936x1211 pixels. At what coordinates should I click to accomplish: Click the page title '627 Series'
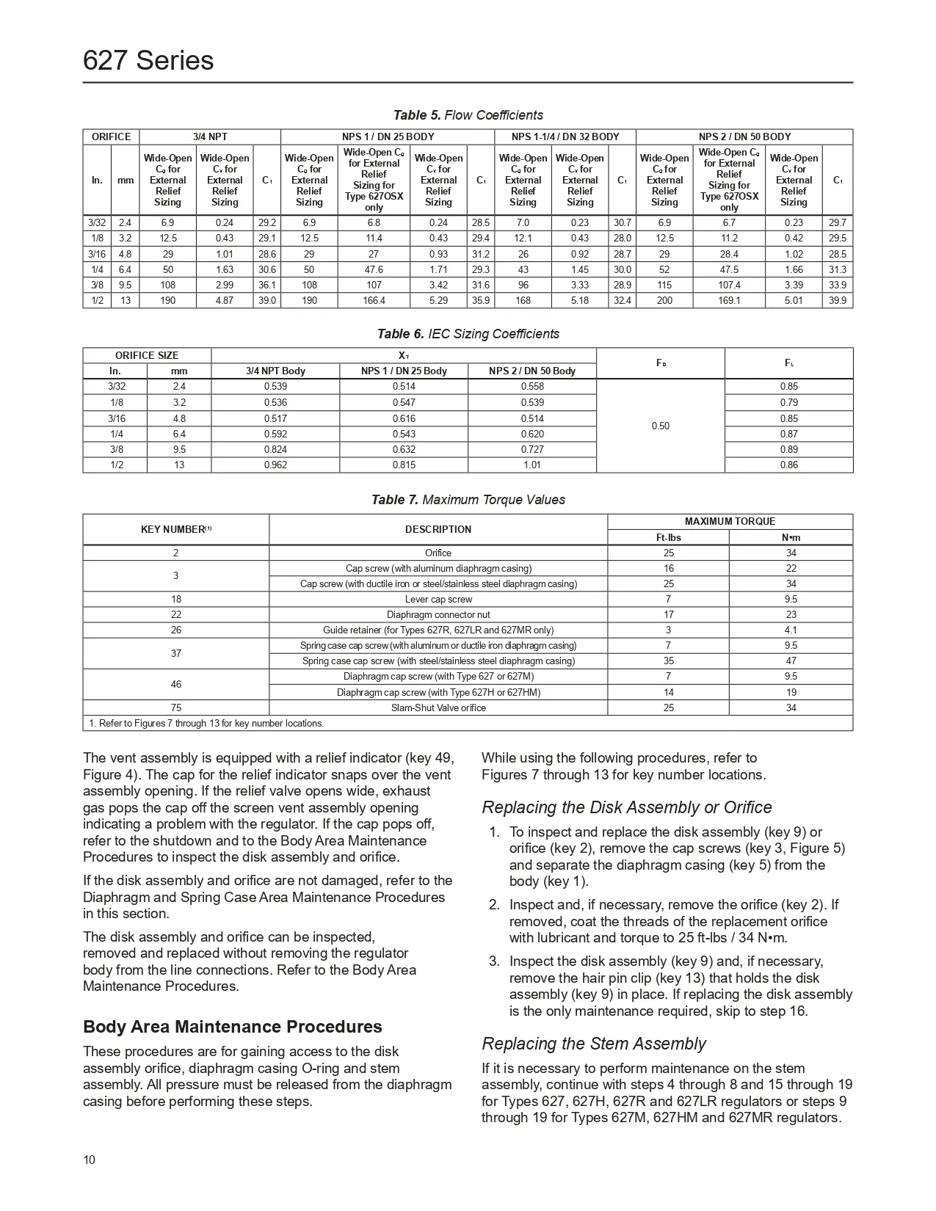click(x=148, y=60)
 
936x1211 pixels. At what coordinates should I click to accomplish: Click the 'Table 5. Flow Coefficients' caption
click(x=468, y=115)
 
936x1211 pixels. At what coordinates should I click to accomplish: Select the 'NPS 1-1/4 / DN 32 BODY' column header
click(x=565, y=137)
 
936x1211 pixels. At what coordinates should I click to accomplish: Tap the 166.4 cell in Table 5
click(x=374, y=300)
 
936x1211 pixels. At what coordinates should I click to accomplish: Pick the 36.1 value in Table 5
click(x=267, y=285)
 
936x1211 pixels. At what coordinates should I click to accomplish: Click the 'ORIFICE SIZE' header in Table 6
click(x=147, y=355)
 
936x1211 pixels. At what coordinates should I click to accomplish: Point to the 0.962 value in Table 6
click(x=275, y=465)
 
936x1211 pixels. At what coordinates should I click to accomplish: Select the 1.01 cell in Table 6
click(x=532, y=465)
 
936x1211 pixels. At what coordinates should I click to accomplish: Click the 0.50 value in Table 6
click(x=660, y=426)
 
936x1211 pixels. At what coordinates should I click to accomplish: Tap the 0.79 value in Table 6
click(x=788, y=402)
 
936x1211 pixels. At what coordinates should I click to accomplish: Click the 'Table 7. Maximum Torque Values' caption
click(x=468, y=500)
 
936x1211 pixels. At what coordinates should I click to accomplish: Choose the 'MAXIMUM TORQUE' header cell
click(x=730, y=521)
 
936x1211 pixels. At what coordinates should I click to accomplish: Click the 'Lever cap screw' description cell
click(x=438, y=599)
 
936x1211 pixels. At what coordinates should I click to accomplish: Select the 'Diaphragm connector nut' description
click(x=438, y=614)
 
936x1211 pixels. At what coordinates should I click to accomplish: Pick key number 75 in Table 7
click(x=176, y=708)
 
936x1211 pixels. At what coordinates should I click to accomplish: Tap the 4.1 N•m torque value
click(x=791, y=630)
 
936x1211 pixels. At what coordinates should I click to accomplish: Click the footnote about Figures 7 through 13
click(x=206, y=723)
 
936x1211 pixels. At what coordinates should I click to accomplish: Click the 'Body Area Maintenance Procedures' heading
click(x=232, y=1027)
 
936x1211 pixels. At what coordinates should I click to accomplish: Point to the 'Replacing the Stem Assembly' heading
click(x=593, y=1044)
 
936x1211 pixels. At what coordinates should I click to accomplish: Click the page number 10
click(x=89, y=1160)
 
